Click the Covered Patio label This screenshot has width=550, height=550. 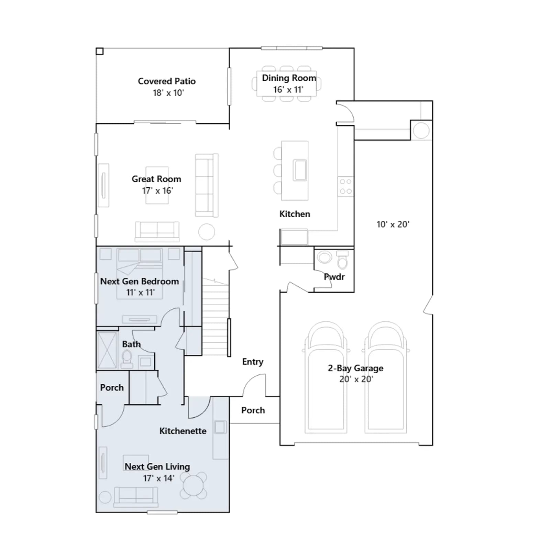(x=167, y=81)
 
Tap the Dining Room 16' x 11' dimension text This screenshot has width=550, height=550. (x=288, y=90)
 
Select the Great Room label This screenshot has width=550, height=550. (x=156, y=179)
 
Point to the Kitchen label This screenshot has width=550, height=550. (x=295, y=214)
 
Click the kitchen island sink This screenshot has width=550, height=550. (x=300, y=170)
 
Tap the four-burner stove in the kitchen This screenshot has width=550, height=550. (x=346, y=186)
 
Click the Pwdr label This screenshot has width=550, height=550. (x=334, y=277)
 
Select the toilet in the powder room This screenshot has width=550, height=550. (x=342, y=260)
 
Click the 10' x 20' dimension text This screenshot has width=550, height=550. (x=393, y=224)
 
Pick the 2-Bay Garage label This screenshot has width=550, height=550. (x=355, y=368)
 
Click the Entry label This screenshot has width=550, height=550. (x=253, y=362)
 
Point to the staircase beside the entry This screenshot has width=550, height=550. (x=215, y=317)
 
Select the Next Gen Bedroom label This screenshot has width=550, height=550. (x=140, y=281)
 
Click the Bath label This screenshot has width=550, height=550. (x=131, y=344)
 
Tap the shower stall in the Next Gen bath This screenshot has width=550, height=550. (x=107, y=350)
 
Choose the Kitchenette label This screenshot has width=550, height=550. (x=183, y=431)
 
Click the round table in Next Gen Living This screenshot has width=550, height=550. (x=194, y=485)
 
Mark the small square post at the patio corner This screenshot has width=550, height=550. (x=100, y=51)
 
